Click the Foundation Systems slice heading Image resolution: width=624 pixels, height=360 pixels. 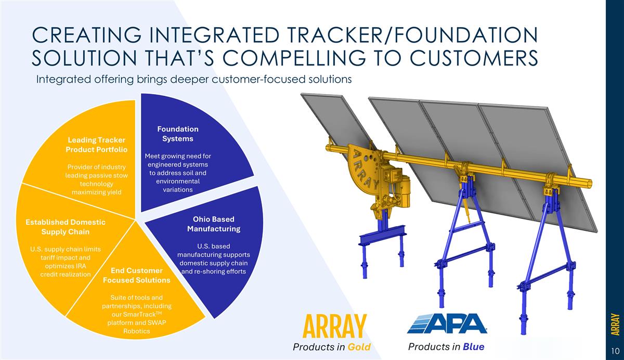pyautogui.click(x=178, y=134)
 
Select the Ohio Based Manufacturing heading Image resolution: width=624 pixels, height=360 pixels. pyautogui.click(x=214, y=224)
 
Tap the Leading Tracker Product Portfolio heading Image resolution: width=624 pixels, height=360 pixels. pyautogui.click(x=96, y=145)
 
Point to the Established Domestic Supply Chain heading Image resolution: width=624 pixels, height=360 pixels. pyautogui.click(x=66, y=227)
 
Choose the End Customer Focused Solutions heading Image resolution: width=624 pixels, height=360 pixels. pyautogui.click(x=136, y=275)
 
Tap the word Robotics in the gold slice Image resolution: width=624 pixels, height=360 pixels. pyautogui.click(x=136, y=331)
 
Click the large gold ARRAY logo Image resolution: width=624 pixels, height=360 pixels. pyautogui.click(x=334, y=326)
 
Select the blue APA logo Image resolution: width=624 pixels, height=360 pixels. pyautogui.click(x=447, y=324)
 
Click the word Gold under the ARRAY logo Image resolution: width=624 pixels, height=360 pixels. pyautogui.click(x=359, y=347)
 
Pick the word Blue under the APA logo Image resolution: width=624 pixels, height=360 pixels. pyautogui.click(x=474, y=347)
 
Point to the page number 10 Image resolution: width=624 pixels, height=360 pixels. pyautogui.click(x=615, y=351)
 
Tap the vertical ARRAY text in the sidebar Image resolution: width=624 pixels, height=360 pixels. pyautogui.click(x=615, y=324)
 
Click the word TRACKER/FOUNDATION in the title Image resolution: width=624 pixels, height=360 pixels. pyautogui.click(x=412, y=35)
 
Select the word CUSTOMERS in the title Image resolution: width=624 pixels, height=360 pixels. pyautogui.click(x=474, y=58)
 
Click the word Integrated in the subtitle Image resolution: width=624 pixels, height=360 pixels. pyautogui.click(x=63, y=80)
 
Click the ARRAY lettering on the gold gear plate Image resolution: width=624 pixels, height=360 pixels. pyautogui.click(x=365, y=170)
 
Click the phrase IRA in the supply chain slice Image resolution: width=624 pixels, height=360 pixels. pyautogui.click(x=81, y=266)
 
